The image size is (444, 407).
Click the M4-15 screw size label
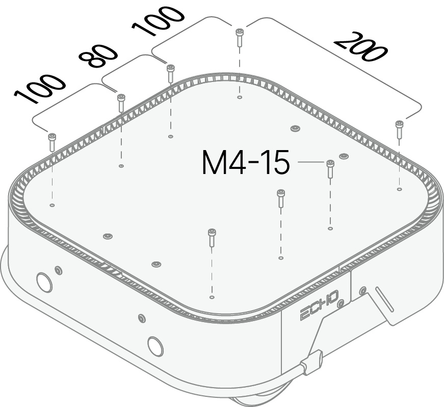246,162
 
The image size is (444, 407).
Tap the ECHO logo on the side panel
319,306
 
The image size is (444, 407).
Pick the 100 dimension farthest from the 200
40,89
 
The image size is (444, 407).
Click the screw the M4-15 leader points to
330,169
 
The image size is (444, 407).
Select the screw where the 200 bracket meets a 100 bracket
240,37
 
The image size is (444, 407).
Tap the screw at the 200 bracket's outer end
399,129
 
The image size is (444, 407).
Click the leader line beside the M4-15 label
311,162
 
